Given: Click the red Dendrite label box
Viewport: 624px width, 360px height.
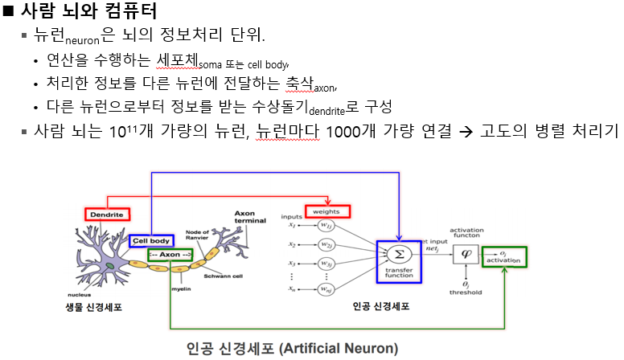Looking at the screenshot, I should point(106,215).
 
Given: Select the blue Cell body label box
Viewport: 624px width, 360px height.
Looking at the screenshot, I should point(150,240).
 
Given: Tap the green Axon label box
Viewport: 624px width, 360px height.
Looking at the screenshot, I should point(170,255).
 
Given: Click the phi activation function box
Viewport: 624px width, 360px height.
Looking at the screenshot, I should point(465,253).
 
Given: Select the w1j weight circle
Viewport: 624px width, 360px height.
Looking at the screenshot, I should point(326,226).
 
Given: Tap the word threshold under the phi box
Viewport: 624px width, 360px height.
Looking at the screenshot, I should point(466,292).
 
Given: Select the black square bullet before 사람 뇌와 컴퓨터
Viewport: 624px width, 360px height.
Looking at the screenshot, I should point(9,12).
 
